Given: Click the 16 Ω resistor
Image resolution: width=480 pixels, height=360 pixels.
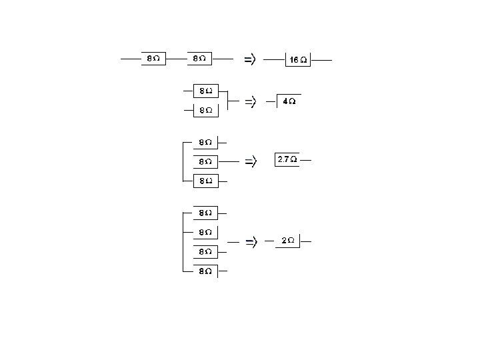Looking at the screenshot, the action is (x=298, y=59).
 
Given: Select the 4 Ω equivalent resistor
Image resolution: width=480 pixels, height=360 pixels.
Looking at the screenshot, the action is (x=289, y=102).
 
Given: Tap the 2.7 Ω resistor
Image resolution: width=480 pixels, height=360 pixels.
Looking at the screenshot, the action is (x=287, y=160).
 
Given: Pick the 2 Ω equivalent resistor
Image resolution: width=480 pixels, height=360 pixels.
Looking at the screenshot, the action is (x=288, y=241).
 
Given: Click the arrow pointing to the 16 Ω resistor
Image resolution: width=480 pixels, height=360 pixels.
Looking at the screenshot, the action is (x=249, y=59).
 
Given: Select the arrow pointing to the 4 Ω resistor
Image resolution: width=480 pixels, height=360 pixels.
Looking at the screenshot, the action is (x=250, y=102).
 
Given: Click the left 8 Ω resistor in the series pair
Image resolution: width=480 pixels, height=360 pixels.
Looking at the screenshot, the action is (x=153, y=59).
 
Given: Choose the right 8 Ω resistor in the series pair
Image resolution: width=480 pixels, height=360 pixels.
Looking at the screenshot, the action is (x=199, y=59).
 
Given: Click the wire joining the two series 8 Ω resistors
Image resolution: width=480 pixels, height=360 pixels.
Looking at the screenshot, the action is (x=176, y=59).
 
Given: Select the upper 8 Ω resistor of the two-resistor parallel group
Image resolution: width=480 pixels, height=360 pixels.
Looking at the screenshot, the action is (x=205, y=91).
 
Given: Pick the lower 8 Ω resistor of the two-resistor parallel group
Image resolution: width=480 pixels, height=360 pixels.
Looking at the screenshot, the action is (x=205, y=111).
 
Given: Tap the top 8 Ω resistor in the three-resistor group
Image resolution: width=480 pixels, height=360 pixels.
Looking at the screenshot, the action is (x=205, y=142).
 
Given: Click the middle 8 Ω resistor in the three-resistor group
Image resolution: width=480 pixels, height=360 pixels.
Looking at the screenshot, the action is (x=205, y=161).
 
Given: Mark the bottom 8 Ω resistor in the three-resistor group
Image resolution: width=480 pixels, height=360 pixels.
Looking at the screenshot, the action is (x=205, y=181).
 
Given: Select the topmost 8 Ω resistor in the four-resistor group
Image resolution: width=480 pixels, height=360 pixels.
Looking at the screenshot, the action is (x=205, y=213).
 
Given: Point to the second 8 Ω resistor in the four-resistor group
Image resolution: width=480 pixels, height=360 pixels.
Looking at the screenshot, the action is (x=205, y=233).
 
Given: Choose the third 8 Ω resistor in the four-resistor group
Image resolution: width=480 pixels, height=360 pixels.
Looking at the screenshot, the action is (x=205, y=252).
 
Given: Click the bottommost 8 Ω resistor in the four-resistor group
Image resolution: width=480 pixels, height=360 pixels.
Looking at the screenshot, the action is (x=205, y=271).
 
